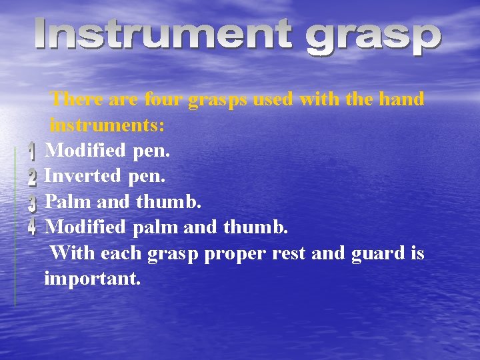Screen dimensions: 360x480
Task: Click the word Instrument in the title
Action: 163,36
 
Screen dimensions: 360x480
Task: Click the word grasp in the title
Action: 373,39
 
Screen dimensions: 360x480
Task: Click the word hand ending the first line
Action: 401,99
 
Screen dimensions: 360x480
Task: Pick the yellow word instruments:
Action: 107,125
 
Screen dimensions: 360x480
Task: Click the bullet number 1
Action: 31,153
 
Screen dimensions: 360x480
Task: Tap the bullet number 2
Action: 32,177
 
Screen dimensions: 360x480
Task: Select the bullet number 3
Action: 32,203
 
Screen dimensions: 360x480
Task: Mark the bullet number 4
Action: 32,227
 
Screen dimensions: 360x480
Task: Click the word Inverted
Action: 83,176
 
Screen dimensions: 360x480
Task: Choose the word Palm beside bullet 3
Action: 68,201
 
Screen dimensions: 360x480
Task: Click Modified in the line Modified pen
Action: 85,151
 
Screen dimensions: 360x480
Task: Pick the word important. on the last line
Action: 92,279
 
